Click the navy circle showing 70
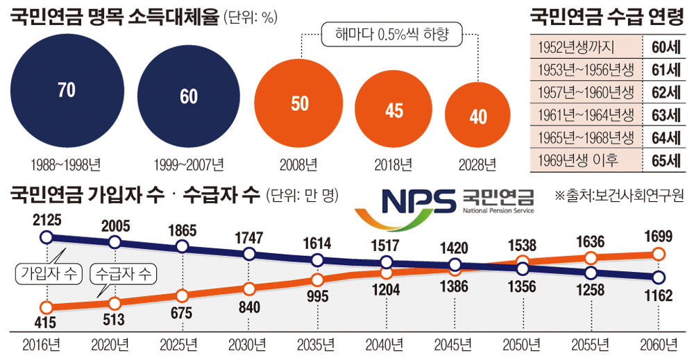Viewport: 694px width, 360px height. (67, 91)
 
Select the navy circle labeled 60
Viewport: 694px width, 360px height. (189, 96)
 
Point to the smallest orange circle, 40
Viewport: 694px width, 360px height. (478, 117)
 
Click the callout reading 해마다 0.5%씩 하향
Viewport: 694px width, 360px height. (390, 35)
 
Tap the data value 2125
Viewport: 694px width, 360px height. (47, 221)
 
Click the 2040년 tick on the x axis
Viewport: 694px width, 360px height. (384, 343)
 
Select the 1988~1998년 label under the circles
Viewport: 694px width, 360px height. (66, 165)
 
